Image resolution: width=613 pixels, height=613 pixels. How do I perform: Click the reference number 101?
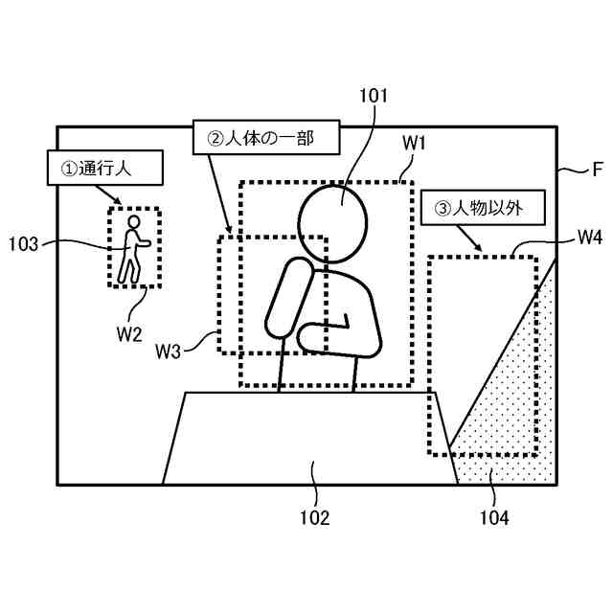373,96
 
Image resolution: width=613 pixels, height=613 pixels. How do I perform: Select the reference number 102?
314,518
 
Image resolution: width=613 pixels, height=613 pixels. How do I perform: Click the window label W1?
414,143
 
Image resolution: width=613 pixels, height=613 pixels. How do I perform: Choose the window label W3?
169,351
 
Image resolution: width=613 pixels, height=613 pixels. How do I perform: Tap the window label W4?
588,235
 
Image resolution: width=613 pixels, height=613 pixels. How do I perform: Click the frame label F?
597,170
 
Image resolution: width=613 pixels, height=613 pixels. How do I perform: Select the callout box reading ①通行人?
102,169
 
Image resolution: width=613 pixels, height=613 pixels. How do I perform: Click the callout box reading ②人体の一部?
267,137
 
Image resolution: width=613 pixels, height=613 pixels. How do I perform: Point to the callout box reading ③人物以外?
483,206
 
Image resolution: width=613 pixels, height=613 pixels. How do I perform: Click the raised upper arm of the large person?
288,298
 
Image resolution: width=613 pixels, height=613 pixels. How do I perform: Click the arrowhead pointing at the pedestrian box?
119,202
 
